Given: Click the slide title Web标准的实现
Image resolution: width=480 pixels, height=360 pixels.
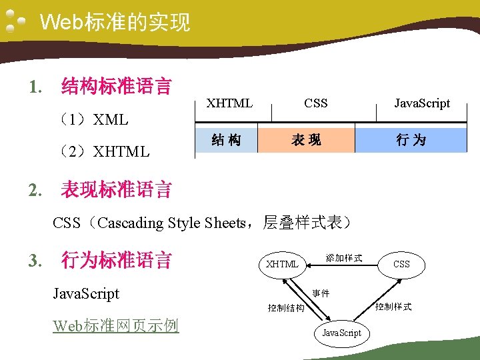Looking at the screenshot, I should pyautogui.click(x=115, y=23).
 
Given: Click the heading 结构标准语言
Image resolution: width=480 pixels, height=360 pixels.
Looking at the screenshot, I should pyautogui.click(x=116, y=86).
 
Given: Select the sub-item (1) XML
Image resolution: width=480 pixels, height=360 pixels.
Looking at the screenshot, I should pyautogui.click(x=93, y=120).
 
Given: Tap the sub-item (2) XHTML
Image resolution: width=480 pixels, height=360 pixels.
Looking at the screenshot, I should pyautogui.click(x=103, y=151).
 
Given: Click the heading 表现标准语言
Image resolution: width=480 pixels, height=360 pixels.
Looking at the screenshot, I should pyautogui.click(x=116, y=190).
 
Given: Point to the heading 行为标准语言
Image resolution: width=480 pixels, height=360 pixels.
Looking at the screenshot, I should pyautogui.click(x=116, y=259).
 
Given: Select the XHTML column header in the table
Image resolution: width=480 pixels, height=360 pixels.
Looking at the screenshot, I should pyautogui.click(x=229, y=103).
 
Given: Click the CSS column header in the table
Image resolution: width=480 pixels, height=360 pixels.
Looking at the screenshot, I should pyautogui.click(x=315, y=103).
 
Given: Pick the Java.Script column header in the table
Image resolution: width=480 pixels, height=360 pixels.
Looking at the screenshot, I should pyautogui.click(x=421, y=103).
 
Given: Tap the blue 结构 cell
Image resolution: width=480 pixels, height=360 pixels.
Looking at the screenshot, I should pyautogui.click(x=226, y=140).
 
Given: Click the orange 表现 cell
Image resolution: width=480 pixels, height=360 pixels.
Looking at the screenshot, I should pyautogui.click(x=306, y=140).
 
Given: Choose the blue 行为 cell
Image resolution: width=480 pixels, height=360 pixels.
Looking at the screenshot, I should pyautogui.click(x=411, y=140).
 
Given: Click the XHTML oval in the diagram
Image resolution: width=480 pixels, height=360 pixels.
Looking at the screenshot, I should pyautogui.click(x=282, y=264).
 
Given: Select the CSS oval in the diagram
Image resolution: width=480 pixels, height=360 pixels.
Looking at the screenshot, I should pyautogui.click(x=401, y=264).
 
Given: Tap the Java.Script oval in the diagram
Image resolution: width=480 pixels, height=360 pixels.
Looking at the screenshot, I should pyautogui.click(x=341, y=333).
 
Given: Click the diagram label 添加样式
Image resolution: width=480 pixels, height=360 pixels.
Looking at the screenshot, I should pyautogui.click(x=343, y=257).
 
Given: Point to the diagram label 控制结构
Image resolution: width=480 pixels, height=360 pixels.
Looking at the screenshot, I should pyautogui.click(x=286, y=308).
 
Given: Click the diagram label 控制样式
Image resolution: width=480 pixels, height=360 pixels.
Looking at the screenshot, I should pyautogui.click(x=393, y=307).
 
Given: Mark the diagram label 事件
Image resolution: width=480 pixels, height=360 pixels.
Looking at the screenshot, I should pyautogui.click(x=321, y=293).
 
